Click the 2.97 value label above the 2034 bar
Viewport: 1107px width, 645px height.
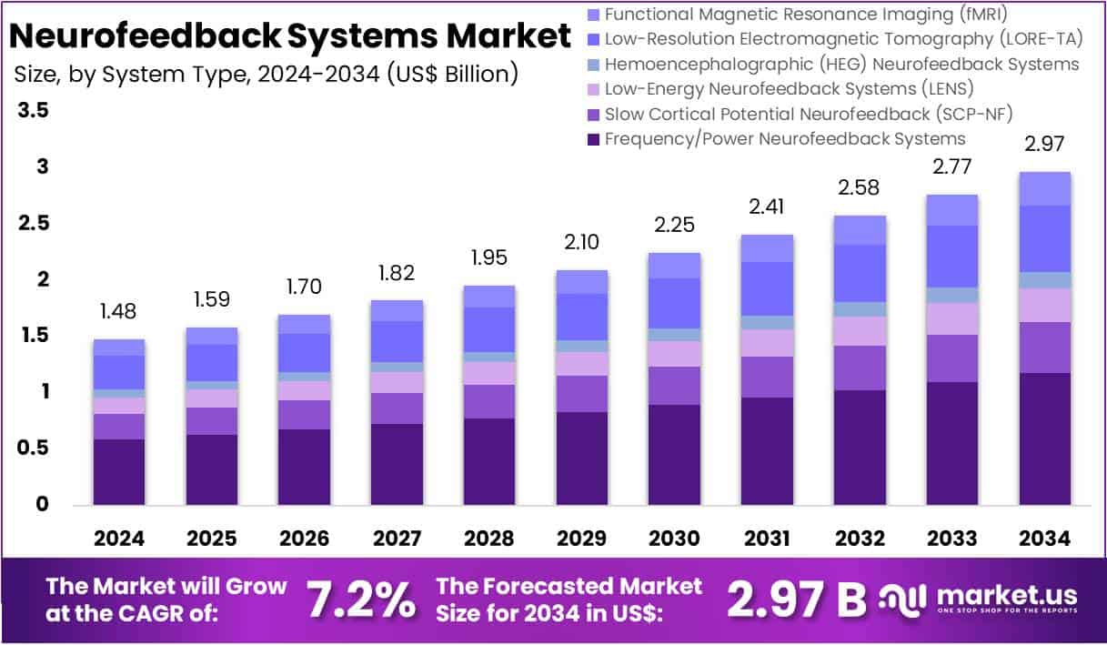coord(1044,144)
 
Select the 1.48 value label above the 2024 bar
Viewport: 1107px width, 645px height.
coord(119,311)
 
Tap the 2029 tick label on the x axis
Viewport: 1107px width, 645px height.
coord(582,538)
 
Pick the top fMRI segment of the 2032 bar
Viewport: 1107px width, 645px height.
coord(860,230)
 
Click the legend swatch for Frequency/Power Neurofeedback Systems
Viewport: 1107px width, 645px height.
coord(594,139)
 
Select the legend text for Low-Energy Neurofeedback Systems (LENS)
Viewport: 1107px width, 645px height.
coord(789,89)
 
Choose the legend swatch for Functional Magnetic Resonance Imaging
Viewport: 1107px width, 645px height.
coord(594,15)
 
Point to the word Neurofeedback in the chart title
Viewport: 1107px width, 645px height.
coord(146,35)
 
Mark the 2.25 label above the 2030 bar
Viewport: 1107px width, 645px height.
coord(674,225)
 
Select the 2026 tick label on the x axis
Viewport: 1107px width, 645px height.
coord(305,538)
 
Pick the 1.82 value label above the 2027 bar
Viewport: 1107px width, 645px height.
coord(397,272)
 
